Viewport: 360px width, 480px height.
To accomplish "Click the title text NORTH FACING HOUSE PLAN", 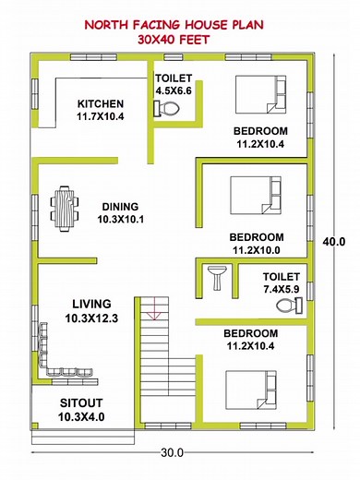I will click(179, 26).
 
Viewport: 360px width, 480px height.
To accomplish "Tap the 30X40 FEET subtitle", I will click(179, 41).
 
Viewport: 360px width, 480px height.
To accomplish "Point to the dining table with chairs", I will click(64, 208).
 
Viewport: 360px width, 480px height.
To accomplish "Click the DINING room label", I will click(119, 207).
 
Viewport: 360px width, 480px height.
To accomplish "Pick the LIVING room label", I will click(89, 303).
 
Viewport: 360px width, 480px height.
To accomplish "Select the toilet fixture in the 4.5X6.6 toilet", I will click(169, 108).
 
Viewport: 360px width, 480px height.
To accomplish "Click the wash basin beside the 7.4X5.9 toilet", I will click(216, 275).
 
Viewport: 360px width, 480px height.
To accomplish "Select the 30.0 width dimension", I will click(173, 452).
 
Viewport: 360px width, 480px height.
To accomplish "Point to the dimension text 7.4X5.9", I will click(281, 289).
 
